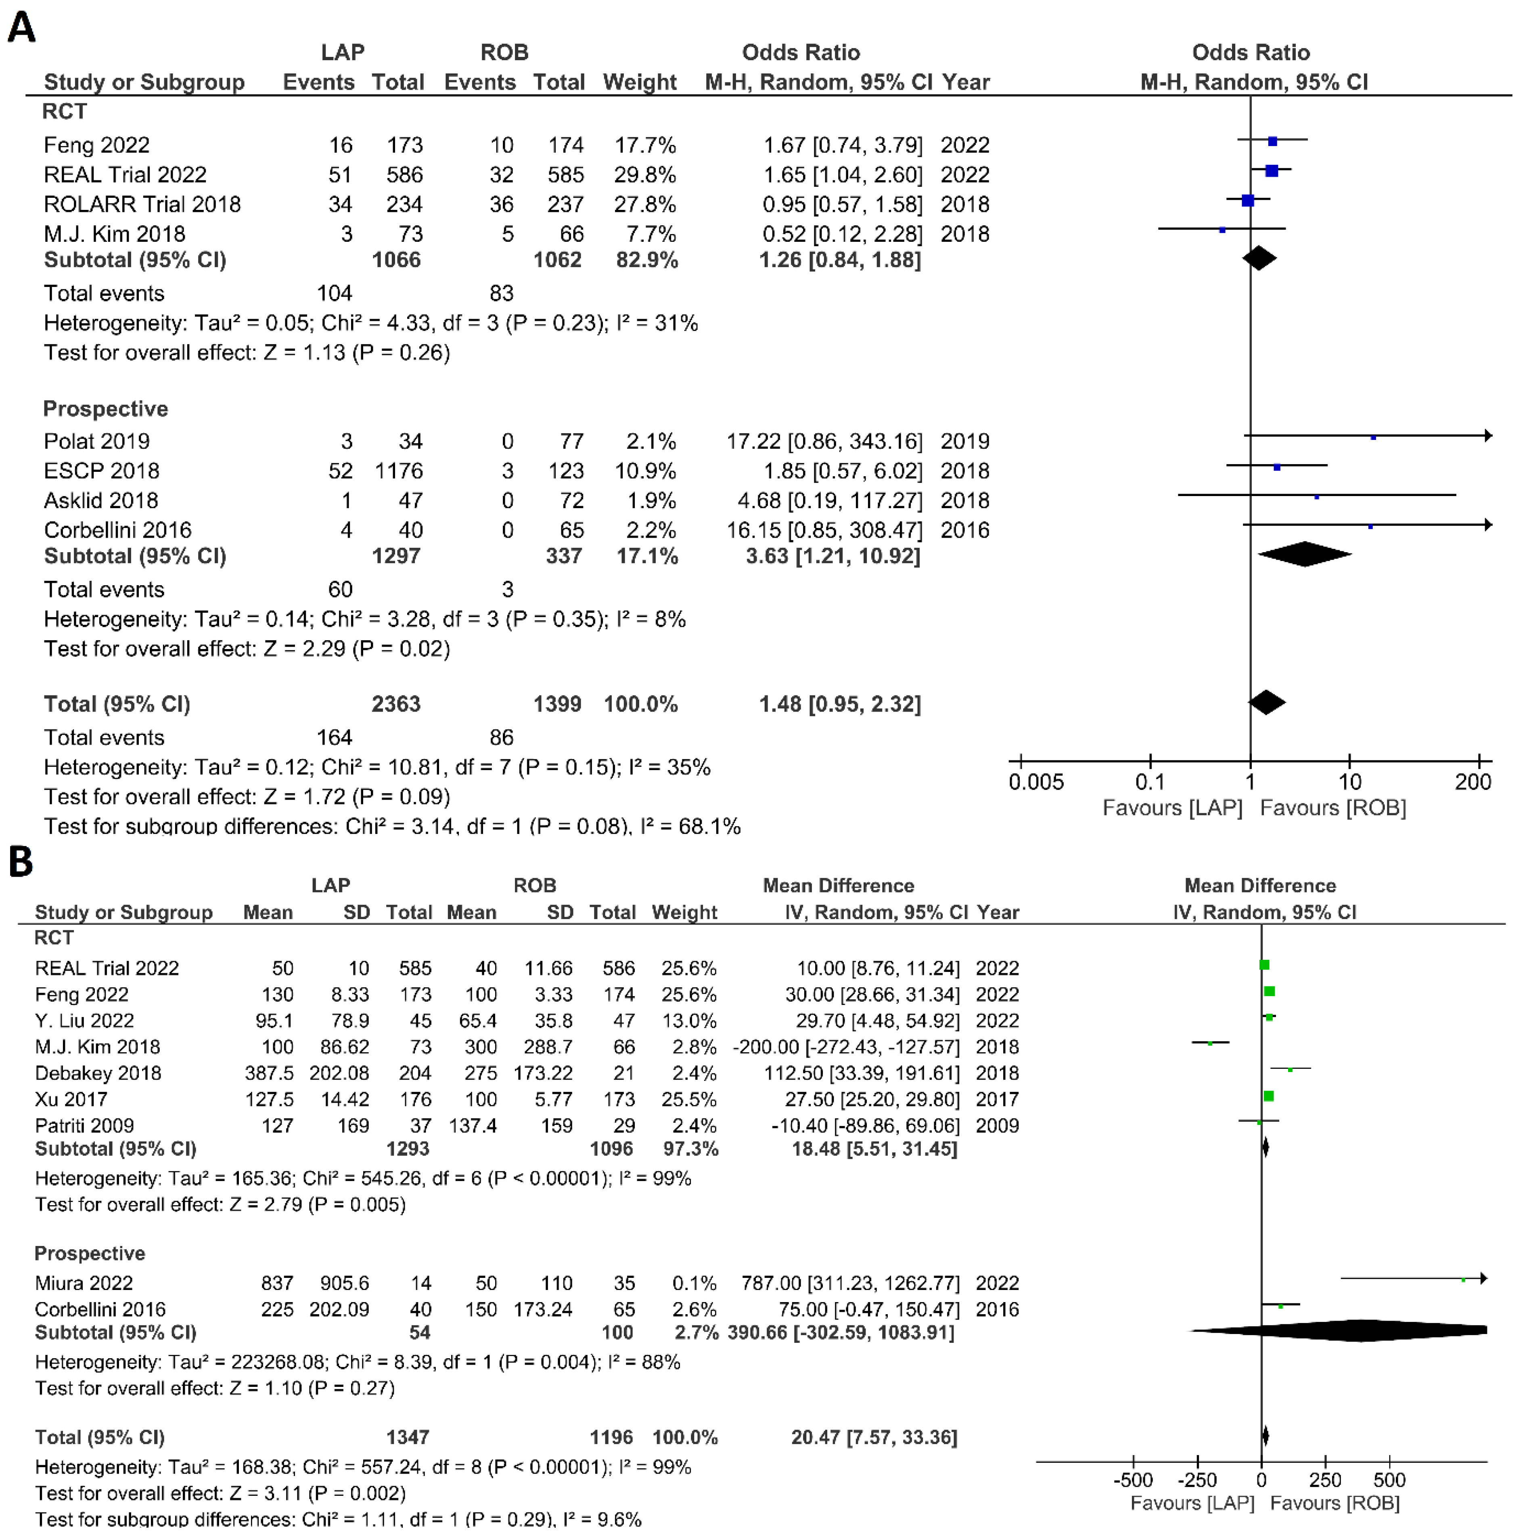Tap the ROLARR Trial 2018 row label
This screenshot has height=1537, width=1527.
142,205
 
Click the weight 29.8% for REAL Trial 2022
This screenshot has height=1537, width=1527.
644,175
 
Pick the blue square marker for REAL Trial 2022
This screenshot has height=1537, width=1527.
1271,170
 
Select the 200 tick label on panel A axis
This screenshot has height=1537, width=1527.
1473,783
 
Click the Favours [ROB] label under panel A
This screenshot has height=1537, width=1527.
1333,808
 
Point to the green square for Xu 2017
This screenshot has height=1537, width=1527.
1268,1096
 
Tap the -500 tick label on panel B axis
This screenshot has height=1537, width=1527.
1132,1480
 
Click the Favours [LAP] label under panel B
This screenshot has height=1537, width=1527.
1192,1503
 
